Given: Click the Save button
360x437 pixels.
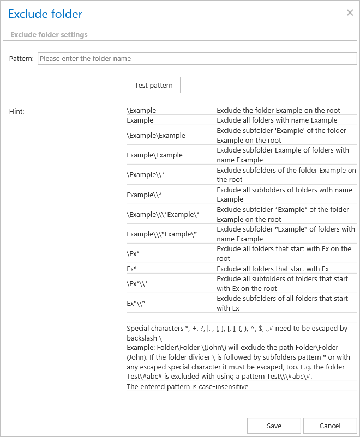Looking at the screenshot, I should pos(274,426).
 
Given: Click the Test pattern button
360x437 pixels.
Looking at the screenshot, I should pos(153,85).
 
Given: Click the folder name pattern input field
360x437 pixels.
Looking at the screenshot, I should pos(196,58).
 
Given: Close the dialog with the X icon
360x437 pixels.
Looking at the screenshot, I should pos(350,13).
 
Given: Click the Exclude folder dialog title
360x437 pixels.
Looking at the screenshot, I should pos(45,14).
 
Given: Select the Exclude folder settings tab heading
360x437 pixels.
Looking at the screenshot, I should pos(49,34).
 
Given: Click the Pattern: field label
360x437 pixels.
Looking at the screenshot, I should pos(21,58).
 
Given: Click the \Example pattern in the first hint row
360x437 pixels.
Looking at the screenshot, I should pos(141,110).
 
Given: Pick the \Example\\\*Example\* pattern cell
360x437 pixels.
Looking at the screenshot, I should pos(163,214).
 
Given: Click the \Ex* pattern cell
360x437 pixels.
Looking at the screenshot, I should pos(134,254).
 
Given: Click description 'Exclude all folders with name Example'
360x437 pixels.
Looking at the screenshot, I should pos(277,120).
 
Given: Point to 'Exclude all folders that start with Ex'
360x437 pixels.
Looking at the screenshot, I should pos(272,269).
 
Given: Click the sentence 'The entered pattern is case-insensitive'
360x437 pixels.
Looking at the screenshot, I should pos(187,386).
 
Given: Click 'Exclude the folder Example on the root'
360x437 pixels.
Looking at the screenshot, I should pos(278,110).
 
